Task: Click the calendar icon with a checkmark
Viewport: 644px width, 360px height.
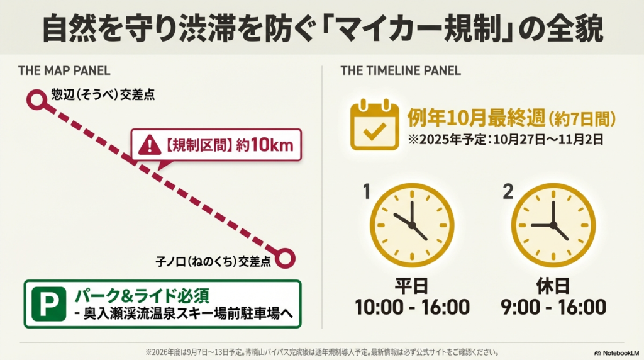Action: coord(374,126)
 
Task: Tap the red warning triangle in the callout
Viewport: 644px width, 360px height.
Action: coord(150,146)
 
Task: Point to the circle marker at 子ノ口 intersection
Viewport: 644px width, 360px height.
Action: coord(286,257)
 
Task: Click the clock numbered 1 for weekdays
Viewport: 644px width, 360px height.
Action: coord(411,225)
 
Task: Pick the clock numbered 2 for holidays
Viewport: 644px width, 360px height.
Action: coord(553,225)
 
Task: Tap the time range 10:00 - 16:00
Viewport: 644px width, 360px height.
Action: coord(412,307)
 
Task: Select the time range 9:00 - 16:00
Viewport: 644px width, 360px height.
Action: coord(553,307)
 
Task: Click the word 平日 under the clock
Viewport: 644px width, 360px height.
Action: coord(412,286)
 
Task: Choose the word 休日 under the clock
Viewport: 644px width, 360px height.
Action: coord(553,286)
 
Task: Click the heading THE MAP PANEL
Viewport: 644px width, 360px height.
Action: coord(64,70)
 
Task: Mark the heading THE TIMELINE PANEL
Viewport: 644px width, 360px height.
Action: coord(401,70)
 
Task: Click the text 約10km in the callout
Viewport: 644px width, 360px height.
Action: coord(265,145)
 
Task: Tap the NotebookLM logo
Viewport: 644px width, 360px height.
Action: coord(616,353)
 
